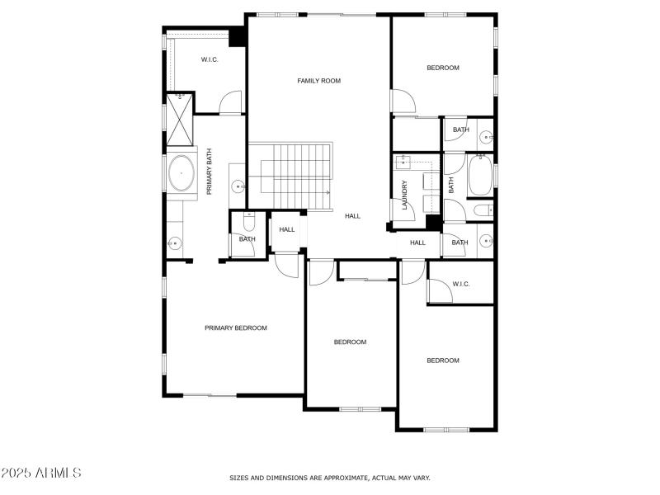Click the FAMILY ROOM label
(x=318, y=81)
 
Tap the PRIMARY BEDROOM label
(x=236, y=328)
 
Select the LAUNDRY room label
(x=405, y=195)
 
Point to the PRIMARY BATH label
(x=210, y=172)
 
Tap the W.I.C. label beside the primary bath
(x=210, y=59)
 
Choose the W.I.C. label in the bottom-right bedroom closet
(x=460, y=285)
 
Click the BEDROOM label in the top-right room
(x=442, y=68)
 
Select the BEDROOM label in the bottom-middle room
(x=350, y=342)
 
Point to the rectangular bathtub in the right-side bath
(x=480, y=175)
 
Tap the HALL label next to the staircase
(x=353, y=216)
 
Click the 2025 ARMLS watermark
(x=41, y=473)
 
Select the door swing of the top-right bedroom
(x=403, y=102)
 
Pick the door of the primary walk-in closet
(x=230, y=103)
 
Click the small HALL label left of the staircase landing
(x=287, y=230)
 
